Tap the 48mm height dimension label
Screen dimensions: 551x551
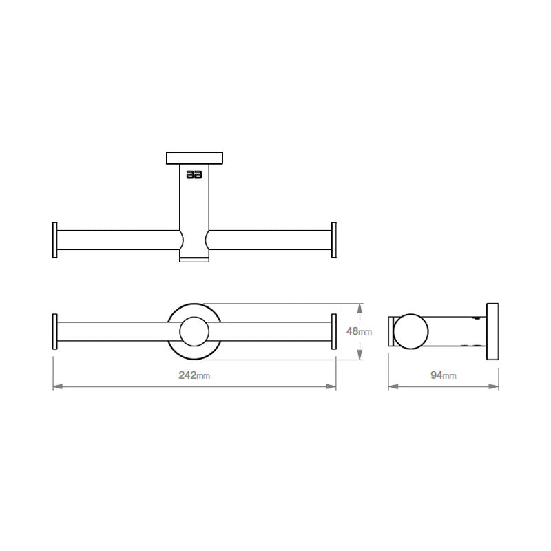358,331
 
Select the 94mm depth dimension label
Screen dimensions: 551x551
444,375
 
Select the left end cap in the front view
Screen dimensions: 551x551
54,332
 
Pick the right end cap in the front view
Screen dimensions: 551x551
334,332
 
